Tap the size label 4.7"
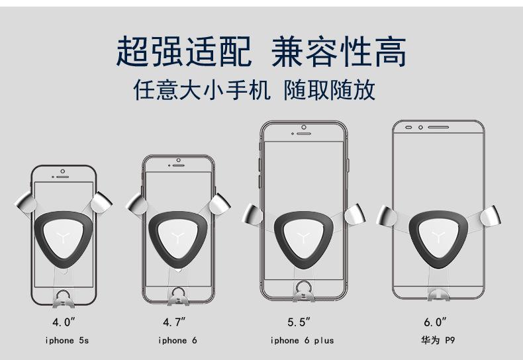click(x=175, y=322)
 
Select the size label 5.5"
click(x=299, y=322)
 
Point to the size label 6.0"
click(x=436, y=322)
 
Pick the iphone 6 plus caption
click(x=302, y=341)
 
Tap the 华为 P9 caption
click(x=438, y=341)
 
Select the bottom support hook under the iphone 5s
click(x=64, y=298)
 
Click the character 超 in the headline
click(x=134, y=53)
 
